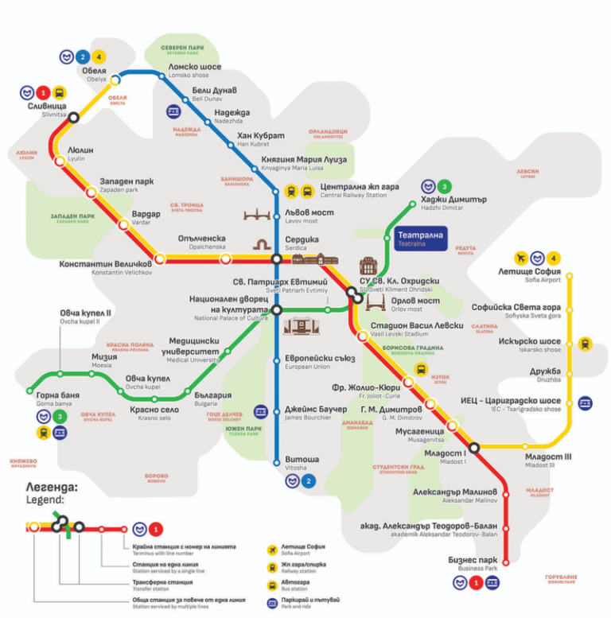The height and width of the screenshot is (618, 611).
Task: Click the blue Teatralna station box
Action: [x=421, y=239]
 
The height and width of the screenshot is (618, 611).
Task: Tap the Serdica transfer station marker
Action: [x=276, y=259]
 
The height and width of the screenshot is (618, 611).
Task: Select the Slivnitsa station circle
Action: [x=74, y=116]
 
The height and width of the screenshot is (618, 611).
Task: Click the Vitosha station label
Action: [x=302, y=462]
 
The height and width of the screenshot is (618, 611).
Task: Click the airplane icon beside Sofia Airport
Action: [x=521, y=258]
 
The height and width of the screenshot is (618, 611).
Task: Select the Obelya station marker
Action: [x=116, y=79]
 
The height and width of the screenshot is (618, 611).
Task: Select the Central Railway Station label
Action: [x=359, y=191]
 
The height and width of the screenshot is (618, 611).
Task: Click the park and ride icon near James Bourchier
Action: [x=260, y=411]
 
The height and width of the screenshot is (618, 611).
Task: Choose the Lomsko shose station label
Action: [x=195, y=69]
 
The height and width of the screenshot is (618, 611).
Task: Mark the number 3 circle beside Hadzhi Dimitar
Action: [x=444, y=185]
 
